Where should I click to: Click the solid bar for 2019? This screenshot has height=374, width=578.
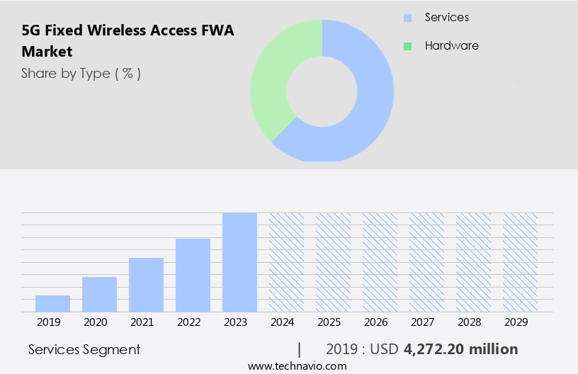52,304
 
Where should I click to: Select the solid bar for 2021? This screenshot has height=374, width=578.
146,285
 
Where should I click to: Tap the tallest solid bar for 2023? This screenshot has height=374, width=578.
239,262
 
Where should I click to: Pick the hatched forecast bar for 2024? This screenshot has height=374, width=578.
286,262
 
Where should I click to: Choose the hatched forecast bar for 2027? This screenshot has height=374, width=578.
426,262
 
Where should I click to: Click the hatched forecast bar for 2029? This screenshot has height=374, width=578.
520,262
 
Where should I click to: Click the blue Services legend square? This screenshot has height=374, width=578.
408,18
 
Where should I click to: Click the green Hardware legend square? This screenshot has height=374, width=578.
408,46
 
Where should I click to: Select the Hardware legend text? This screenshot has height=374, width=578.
451,46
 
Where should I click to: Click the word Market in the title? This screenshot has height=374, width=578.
47,52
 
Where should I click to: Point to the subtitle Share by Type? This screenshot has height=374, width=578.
81,73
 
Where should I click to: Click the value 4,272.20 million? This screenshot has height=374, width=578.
460,349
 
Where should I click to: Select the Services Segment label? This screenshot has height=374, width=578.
84,349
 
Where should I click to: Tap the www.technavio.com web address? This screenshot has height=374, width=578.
297,366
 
